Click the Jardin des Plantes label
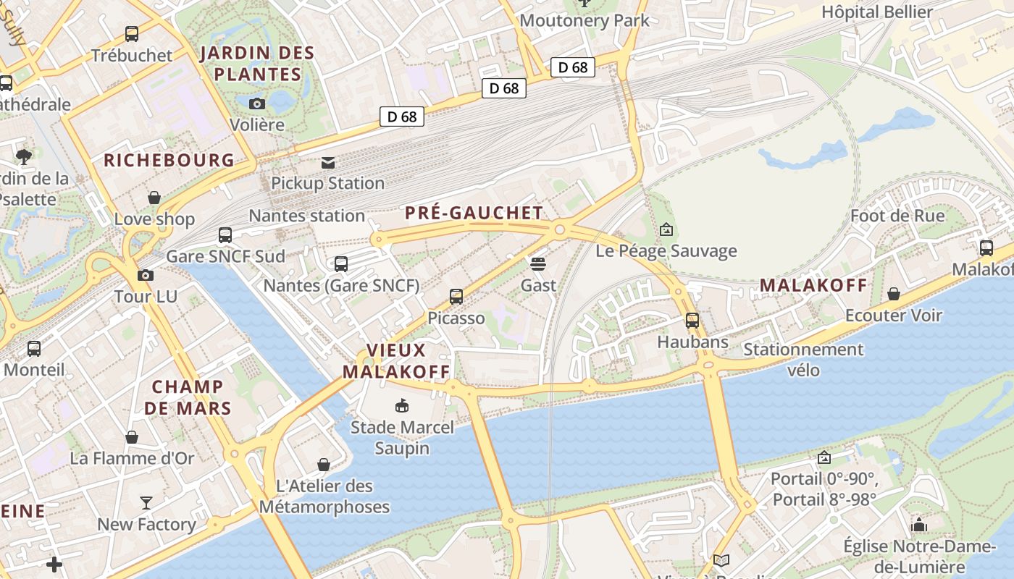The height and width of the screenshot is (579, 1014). tap(257, 63)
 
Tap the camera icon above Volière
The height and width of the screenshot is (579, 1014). tap(257, 103)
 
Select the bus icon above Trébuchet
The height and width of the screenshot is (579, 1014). tap(132, 33)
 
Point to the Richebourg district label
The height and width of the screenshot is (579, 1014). tap(169, 160)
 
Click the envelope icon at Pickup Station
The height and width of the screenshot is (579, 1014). tap(328, 162)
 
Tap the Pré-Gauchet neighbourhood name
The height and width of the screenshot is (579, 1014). tap(474, 213)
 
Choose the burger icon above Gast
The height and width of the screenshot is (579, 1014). tap(538, 263)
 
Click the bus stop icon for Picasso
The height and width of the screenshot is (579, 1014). tap(456, 296)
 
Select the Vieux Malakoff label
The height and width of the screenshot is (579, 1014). tap(396, 360)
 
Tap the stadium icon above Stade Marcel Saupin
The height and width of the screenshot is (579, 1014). tap(402, 405)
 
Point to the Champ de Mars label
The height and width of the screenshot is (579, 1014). tap(188, 397)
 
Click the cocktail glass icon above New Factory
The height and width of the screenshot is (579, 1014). tap(146, 502)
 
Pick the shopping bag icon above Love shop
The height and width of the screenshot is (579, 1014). tap(154, 198)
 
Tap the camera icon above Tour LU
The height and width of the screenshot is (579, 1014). tap(146, 275)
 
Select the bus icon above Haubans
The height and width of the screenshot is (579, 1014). tap(692, 320)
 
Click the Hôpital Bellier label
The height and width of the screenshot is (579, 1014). tap(877, 12)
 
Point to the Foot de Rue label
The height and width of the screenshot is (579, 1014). tap(897, 216)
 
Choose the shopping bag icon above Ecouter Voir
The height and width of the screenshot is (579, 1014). tap(894, 294)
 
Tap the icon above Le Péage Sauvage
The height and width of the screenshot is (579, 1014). tap(666, 230)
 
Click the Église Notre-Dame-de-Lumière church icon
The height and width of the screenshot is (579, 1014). tap(919, 525)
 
